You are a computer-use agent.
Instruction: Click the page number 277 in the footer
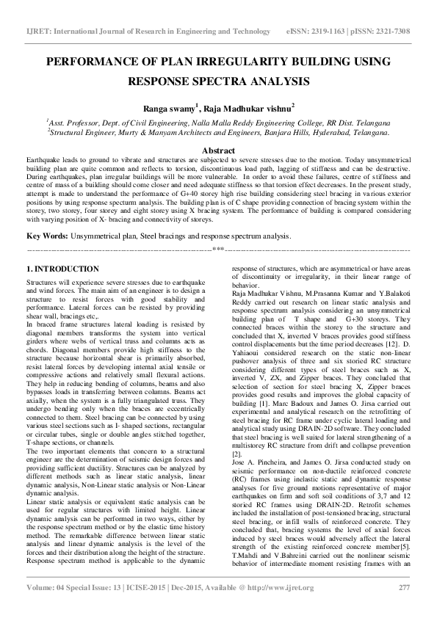tap(403, 588)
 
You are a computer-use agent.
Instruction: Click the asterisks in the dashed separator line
tap(218, 250)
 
